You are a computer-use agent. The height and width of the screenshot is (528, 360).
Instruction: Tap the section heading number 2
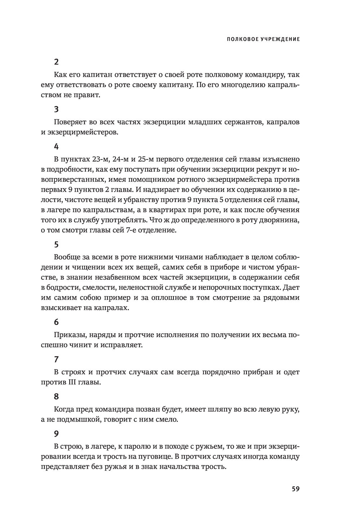click(56, 62)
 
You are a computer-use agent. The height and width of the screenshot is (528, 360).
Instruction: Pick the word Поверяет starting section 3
click(68, 122)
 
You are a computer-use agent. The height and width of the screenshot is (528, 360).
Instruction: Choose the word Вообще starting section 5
click(66, 257)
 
